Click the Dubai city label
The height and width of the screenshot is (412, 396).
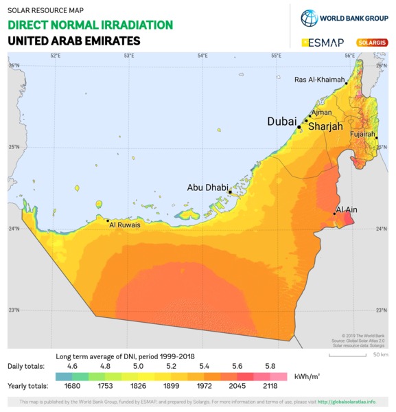281,121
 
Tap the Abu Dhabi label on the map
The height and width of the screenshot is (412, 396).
207,187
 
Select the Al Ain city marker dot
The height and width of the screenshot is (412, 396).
334,214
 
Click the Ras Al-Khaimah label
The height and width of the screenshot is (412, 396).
319,80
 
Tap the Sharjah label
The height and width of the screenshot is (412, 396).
325,127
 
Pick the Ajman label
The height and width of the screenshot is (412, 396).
321,112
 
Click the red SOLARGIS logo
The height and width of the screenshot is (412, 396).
372,43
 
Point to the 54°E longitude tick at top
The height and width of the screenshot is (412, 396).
202,55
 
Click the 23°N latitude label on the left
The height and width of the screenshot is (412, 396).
14,310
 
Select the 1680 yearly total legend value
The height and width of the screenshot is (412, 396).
73,386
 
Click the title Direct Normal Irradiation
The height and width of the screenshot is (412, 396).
90,25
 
